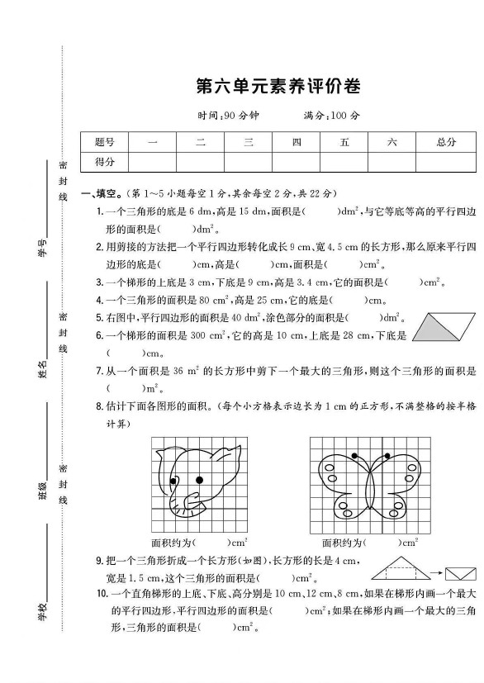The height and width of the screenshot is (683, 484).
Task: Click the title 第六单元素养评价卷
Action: coord(278,87)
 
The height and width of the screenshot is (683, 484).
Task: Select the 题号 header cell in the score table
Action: coord(105,142)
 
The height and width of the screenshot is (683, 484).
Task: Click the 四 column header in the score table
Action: coord(297,142)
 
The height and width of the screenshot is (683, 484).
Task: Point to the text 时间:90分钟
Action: coord(222,116)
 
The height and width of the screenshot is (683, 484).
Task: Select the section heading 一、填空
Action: coord(102,193)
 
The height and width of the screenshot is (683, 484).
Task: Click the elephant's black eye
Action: coord(199,479)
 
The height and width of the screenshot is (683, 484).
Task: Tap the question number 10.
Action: coord(102,593)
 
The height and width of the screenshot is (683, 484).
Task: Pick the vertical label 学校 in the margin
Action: coord(42,612)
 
